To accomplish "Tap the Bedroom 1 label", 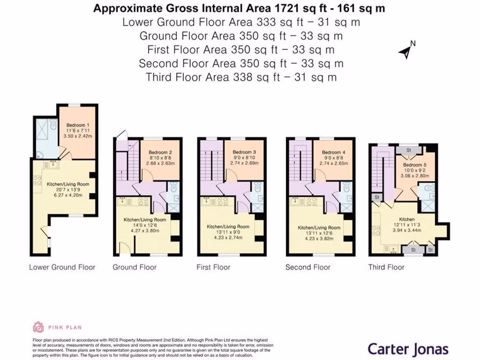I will [x=78, y=125].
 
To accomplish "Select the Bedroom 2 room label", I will [x=160, y=153].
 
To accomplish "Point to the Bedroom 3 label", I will [x=244, y=153].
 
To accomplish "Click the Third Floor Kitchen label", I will [x=406, y=219].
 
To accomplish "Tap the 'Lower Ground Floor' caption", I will [x=62, y=267].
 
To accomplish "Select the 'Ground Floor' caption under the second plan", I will [x=135, y=267].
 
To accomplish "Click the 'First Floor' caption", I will [x=213, y=267].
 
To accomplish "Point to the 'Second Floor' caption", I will [x=307, y=267].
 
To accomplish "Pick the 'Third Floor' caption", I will [x=386, y=267].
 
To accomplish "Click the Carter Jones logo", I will [x=407, y=349].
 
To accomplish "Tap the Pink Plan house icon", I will [x=38, y=327].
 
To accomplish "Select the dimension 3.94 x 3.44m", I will [x=406, y=230].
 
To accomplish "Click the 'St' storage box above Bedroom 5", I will [x=409, y=150].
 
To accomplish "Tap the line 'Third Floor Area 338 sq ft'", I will [x=241, y=77].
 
